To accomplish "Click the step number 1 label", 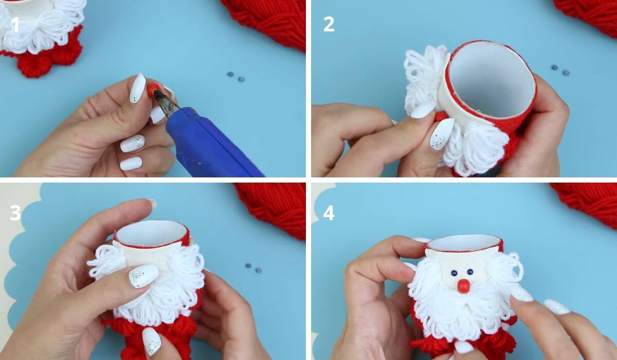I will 15,24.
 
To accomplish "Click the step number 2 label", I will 329,24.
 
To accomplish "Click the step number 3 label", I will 15,212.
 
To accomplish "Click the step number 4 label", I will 329,212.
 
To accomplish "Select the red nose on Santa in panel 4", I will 463,286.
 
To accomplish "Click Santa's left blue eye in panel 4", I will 454,273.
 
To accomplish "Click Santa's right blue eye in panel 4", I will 470,271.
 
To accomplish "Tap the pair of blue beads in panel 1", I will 236,77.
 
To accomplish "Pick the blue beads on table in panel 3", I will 253,268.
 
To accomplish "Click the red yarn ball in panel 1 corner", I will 273,21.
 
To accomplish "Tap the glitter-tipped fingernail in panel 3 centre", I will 142,276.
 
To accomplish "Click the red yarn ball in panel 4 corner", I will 589,203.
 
